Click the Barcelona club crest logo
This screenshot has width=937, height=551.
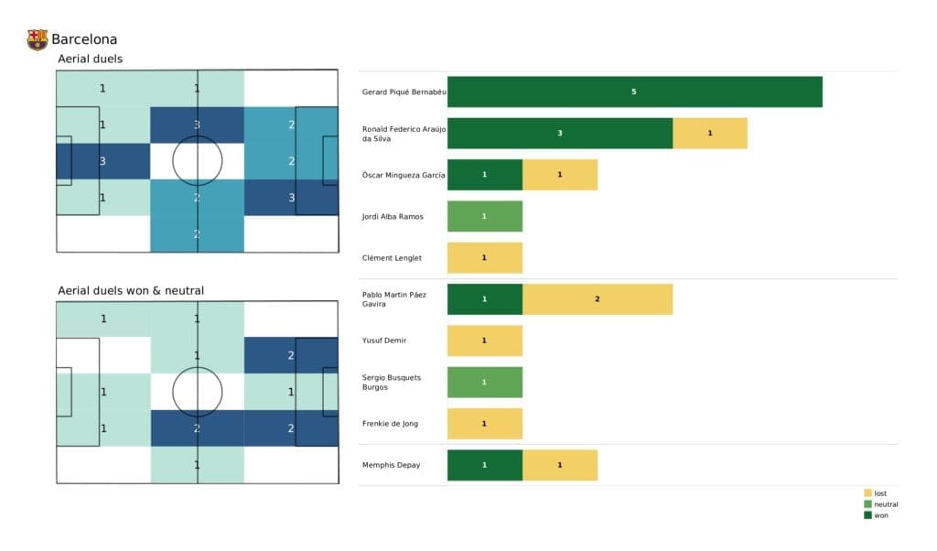point(37,39)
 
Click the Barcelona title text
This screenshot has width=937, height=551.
point(84,39)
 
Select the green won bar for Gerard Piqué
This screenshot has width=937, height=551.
point(634,92)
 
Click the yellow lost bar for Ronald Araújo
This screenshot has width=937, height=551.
point(709,133)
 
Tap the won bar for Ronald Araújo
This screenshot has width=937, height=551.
point(560,133)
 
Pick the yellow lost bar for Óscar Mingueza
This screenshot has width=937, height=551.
point(559,175)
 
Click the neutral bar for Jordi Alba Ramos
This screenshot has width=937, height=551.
point(484,216)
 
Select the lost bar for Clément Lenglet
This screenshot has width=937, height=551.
point(484,258)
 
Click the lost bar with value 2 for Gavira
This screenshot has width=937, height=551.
point(597,299)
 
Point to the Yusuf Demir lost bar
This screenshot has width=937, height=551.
point(484,340)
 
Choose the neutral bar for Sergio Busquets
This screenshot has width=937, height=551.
point(484,382)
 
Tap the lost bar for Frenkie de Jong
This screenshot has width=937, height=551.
point(484,424)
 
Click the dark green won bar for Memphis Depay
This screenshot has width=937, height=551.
point(484,465)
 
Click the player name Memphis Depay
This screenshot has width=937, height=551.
point(392,465)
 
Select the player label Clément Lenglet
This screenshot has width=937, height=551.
point(393,258)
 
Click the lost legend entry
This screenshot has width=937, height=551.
point(879,493)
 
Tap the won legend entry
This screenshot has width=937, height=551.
point(879,515)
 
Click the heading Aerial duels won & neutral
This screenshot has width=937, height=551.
point(131,290)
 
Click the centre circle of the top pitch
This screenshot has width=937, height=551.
point(197,161)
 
